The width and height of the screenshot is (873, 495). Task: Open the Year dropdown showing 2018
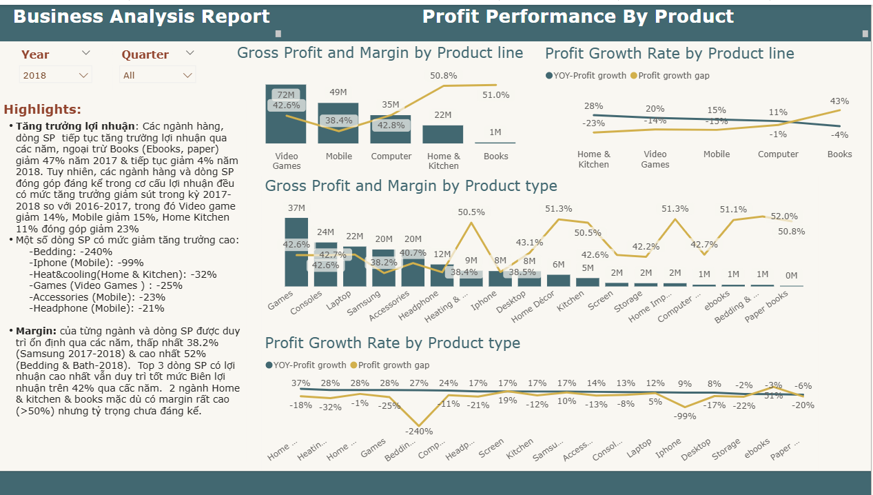pos(55,75)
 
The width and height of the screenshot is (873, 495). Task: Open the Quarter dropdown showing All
pos(158,75)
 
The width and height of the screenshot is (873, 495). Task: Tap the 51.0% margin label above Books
pos(496,95)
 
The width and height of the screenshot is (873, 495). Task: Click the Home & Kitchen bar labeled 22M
pos(443,134)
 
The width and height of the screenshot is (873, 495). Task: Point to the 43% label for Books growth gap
pos(839,101)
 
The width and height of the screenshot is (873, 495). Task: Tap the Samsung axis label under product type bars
pos(363,304)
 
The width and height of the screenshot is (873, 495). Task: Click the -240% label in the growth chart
pos(419,432)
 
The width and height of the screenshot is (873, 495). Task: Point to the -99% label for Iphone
pos(684,416)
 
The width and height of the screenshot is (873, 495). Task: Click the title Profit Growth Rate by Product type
pos(392,343)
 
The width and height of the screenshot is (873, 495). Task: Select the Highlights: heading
pos(43,110)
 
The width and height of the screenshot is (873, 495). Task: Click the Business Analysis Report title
pos(142,17)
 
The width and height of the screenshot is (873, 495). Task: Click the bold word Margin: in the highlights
pos(37,331)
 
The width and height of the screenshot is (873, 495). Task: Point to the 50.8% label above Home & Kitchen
pos(443,75)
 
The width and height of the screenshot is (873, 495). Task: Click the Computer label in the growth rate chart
pos(778,154)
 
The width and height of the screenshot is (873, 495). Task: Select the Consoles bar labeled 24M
pos(325,265)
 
